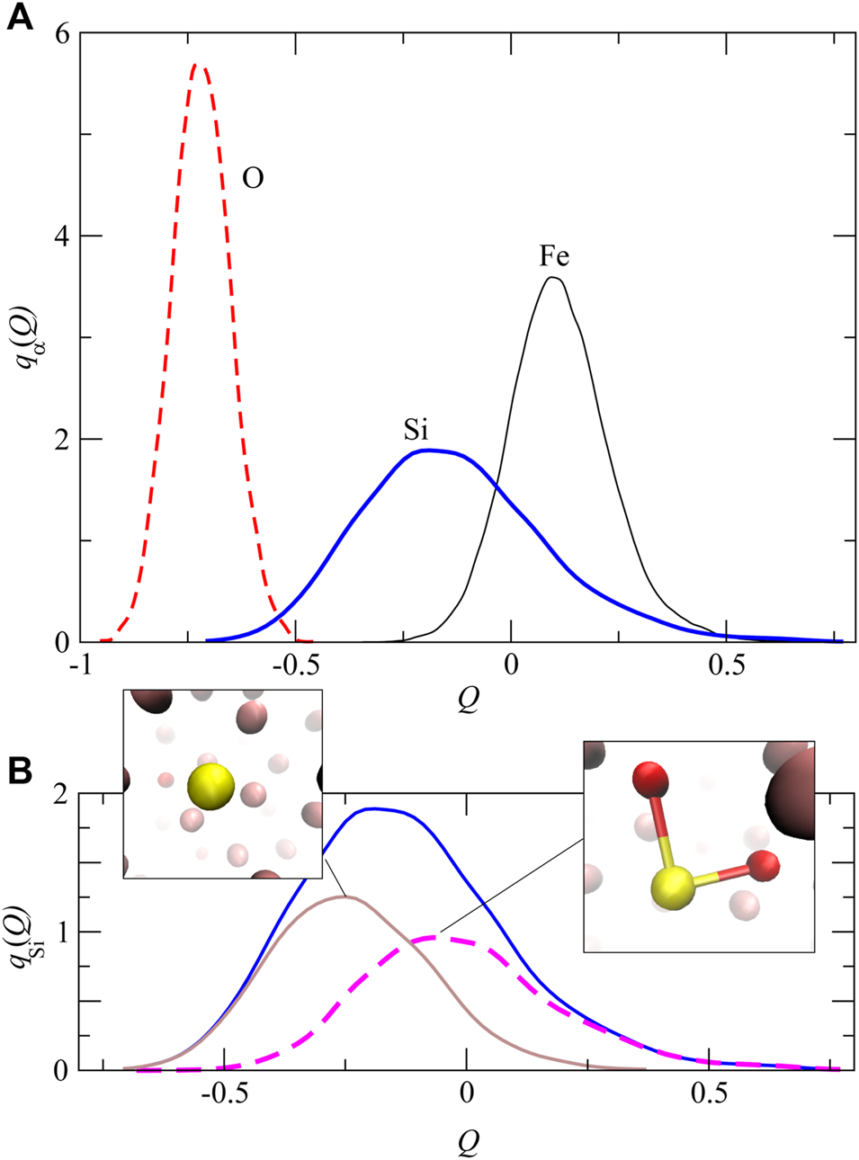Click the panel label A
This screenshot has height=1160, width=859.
point(19,17)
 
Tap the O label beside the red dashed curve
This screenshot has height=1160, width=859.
point(253,179)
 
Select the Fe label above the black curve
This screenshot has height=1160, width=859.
point(554,257)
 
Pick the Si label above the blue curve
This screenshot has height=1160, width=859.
point(416,431)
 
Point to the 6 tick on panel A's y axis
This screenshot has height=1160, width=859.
point(61,33)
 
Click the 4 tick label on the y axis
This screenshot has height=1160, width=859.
point(61,236)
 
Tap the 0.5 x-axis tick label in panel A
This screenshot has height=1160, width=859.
point(727,665)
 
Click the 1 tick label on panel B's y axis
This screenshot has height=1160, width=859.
point(61,932)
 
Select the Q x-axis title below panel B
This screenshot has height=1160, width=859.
point(468,1141)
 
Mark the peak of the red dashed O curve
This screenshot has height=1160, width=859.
point(200,66)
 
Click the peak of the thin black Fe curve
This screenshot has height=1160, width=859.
point(554,278)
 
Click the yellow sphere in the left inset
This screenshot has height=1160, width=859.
point(210,788)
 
